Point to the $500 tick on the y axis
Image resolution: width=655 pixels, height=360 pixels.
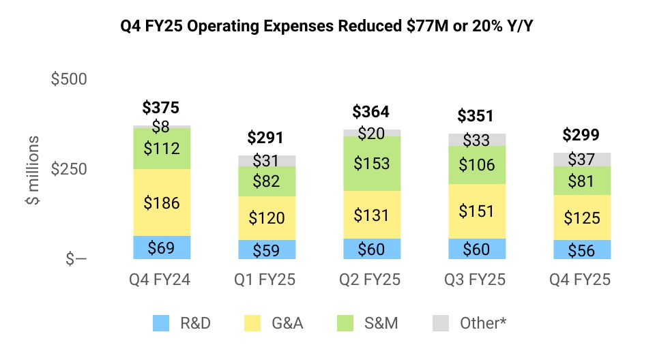tap(69, 79)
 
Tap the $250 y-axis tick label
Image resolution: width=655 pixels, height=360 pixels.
tap(69, 169)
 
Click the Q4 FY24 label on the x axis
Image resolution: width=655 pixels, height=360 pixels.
tap(161, 280)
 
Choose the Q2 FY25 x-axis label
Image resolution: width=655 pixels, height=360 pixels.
tap(371, 280)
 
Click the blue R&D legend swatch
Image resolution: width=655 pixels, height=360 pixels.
tap(161, 322)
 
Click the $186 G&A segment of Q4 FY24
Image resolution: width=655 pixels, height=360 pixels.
tap(161, 202)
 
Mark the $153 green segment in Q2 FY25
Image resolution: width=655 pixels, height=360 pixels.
tap(371, 164)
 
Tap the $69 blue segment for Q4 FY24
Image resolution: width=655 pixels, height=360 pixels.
tap(161, 247)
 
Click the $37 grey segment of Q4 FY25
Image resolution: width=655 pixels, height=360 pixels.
tap(581, 160)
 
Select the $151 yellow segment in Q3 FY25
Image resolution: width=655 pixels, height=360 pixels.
tap(476, 211)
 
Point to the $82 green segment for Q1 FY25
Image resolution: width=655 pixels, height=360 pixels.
tap(266, 181)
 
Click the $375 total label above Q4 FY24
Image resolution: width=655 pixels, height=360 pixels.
tap(161, 108)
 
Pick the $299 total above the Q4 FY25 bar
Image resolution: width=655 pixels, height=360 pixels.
tap(581, 134)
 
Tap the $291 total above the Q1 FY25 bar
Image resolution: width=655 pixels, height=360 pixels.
tap(266, 138)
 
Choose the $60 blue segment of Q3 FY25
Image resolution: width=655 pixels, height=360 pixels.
tap(476, 249)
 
